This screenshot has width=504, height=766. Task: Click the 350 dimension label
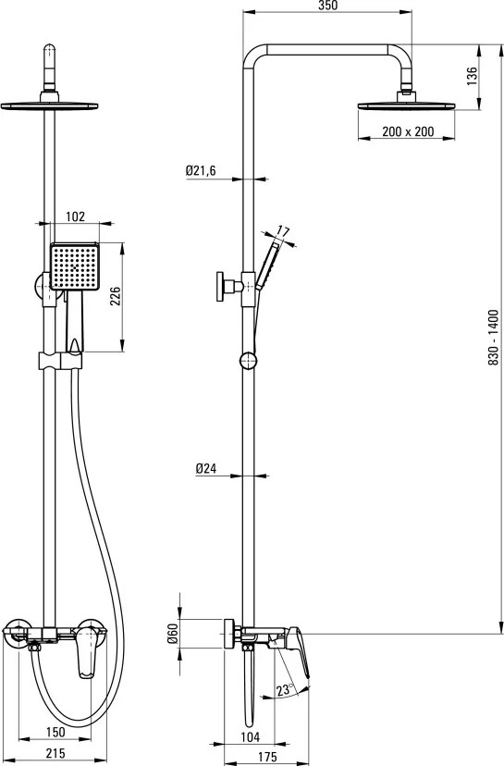[x=327, y=6]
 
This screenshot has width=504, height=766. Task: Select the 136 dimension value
[x=472, y=77]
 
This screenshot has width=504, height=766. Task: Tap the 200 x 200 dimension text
[x=408, y=131]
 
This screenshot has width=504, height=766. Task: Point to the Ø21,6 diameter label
[x=201, y=170]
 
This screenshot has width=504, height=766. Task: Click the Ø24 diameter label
[x=205, y=468]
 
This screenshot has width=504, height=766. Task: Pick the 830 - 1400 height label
[x=493, y=337]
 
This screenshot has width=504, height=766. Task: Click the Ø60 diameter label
[x=171, y=633]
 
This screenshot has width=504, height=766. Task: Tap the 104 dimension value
[x=251, y=736]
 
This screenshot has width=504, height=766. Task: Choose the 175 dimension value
[x=267, y=757]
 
